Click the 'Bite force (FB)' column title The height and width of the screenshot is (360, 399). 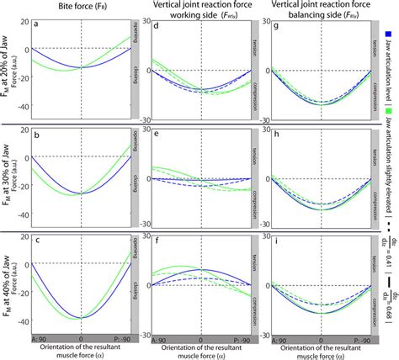click(80, 6)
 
